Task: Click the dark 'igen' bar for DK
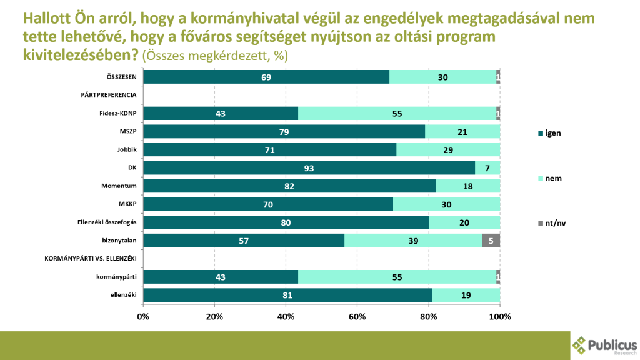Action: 309,168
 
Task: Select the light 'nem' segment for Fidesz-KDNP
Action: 397,114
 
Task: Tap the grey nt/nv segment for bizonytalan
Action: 491,241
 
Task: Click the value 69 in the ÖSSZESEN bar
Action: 266,77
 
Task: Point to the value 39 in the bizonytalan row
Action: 413,241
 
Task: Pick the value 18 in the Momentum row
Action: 467,186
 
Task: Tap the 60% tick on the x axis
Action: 357,316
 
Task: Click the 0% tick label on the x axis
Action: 143,316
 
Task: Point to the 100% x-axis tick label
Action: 499,316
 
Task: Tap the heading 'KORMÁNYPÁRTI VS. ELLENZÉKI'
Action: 91,258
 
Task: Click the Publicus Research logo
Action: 605,345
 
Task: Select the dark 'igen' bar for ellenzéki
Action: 287,295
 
